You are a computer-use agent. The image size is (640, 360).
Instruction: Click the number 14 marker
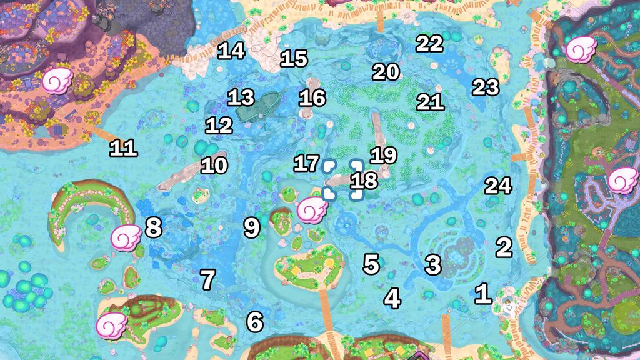[x=231, y=51]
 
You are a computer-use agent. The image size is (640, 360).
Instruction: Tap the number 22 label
[x=429, y=43]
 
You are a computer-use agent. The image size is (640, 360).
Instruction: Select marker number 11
[x=123, y=148]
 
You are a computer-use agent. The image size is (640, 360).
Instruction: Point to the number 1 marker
[x=482, y=294]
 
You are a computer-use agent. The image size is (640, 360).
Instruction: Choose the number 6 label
[x=254, y=322]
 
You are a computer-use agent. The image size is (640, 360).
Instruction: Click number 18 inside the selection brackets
[x=364, y=181]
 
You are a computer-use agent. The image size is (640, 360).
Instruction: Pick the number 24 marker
[x=498, y=186]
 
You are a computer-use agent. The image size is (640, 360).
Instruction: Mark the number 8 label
[x=153, y=227]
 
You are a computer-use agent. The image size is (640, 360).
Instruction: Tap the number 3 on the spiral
[x=433, y=265]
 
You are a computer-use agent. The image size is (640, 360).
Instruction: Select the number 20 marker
[x=386, y=72]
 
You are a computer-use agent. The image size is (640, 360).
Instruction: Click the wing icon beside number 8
[x=126, y=237]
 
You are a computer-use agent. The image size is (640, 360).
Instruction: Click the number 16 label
[x=312, y=97]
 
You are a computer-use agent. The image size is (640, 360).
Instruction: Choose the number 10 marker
[x=214, y=166]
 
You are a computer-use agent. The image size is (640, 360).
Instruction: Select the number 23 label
[x=485, y=87]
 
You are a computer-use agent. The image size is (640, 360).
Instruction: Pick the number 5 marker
[x=371, y=264]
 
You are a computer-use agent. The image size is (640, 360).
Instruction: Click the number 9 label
[x=251, y=227]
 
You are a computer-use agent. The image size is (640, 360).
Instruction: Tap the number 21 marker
[x=430, y=102]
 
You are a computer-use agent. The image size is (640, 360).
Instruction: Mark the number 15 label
[x=294, y=59]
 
